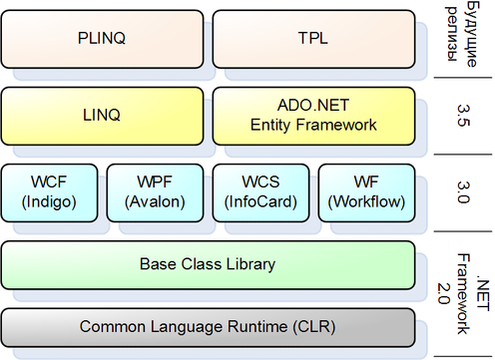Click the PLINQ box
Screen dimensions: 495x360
(102, 39)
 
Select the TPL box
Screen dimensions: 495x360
(313, 39)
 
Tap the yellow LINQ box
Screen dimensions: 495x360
(102, 116)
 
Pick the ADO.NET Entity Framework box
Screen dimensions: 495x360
(313, 116)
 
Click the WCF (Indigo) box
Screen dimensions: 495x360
(49, 192)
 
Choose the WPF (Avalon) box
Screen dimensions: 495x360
(155, 192)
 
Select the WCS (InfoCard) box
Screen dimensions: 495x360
(260, 192)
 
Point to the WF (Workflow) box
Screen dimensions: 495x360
(366, 192)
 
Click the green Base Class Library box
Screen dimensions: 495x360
(208, 265)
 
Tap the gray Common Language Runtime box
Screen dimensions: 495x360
(208, 328)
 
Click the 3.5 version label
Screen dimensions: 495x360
(463, 116)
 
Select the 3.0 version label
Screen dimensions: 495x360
(463, 192)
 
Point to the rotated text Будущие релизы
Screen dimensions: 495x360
(462, 34)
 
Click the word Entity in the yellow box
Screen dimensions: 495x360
(270, 126)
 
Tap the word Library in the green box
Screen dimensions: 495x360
(250, 264)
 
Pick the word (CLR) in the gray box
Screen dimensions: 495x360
(314, 326)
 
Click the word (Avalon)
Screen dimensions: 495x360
(155, 202)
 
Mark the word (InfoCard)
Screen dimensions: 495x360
(260, 202)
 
